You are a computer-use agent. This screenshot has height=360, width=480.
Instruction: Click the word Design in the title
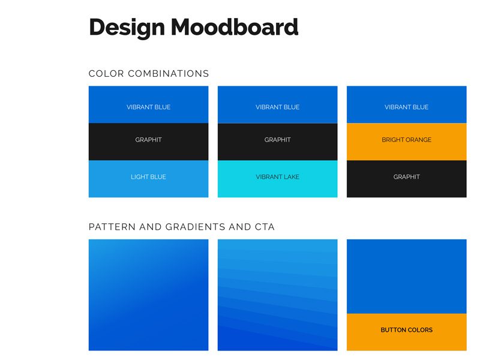tap(127, 28)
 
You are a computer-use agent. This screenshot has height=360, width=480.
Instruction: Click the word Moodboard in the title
tap(235, 27)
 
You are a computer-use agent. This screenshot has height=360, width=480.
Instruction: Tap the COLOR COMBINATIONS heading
tap(149, 73)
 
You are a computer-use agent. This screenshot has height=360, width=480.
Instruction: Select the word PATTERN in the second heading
tap(112, 227)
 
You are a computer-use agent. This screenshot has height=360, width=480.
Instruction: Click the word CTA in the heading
tap(265, 227)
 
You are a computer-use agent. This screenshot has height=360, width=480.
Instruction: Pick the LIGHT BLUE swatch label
tap(148, 177)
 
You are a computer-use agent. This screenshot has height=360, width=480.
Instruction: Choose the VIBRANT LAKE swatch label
tap(278, 177)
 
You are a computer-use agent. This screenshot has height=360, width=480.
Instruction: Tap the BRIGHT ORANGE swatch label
tap(407, 140)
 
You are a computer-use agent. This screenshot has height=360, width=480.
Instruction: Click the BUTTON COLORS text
tap(407, 330)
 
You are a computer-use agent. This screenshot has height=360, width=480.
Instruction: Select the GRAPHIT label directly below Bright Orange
tap(407, 177)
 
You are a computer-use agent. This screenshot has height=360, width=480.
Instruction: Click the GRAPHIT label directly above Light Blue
tap(148, 140)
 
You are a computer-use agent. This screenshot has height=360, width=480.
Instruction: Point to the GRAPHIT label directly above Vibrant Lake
tap(278, 140)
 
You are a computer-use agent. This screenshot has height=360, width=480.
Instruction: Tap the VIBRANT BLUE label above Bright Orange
tap(407, 107)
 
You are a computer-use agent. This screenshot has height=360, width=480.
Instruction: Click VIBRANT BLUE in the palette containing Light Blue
tap(148, 107)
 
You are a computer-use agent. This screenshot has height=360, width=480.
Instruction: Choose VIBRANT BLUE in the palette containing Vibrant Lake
tap(278, 107)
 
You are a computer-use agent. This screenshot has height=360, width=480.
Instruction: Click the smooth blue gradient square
tap(148, 295)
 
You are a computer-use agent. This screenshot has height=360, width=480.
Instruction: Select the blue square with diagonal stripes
tap(278, 295)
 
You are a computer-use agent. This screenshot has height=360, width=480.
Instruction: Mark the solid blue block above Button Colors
tap(407, 277)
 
